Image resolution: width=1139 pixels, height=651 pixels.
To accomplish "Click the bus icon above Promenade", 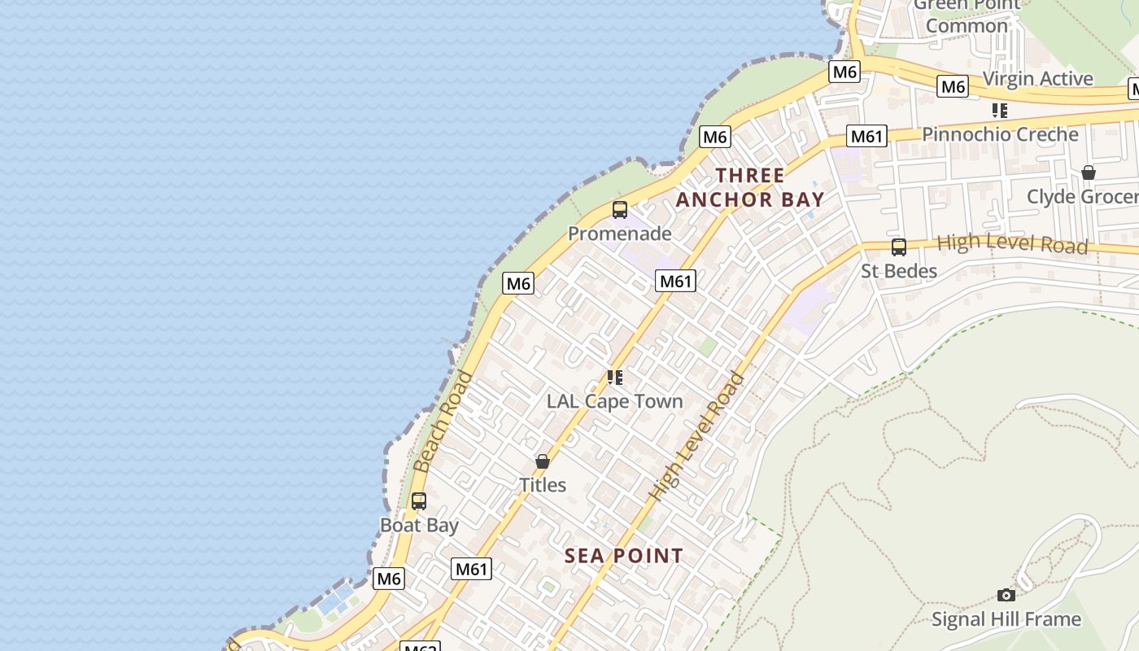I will coord(620,210).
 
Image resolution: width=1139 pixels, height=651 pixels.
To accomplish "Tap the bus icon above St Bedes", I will coord(899,247).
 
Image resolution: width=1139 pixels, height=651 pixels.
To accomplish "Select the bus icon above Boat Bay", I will coord(419,501).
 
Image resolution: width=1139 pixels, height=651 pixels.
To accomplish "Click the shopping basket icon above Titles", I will coord(543,461).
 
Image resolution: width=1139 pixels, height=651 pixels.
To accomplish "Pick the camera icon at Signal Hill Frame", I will coord(1006,596).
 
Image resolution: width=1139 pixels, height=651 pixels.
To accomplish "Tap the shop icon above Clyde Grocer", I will coord(1089,173).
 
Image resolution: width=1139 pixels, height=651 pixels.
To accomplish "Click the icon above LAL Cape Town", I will coord(615,378).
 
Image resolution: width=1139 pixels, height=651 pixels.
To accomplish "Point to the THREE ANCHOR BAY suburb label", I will coord(750,187).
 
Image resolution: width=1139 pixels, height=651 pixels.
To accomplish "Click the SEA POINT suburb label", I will coord(624,556).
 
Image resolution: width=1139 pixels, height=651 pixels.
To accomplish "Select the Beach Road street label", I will coord(443,422).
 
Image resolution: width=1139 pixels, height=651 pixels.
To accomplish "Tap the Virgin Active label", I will coord(1037,79).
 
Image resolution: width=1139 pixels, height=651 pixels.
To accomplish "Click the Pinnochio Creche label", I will coord(1000,134).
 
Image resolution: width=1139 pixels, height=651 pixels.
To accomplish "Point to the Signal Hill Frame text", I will coord(1006,619).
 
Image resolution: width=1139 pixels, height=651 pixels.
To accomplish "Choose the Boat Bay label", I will coord(420,525).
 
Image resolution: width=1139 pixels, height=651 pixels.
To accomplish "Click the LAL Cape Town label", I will coord(615,401).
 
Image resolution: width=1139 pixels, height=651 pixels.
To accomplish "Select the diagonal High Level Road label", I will coord(696,436).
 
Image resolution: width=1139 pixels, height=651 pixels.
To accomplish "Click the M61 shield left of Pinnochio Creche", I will coord(866,136).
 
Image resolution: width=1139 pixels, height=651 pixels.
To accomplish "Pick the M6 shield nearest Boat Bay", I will coord(389,579).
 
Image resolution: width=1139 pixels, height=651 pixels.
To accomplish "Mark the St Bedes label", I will coord(899,271).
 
